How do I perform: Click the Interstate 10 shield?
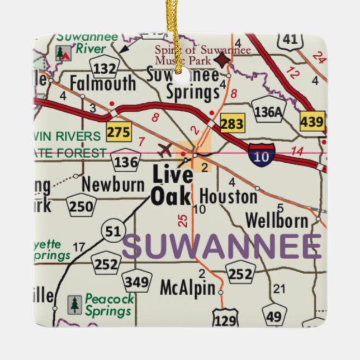262,153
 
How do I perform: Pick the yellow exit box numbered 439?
312,121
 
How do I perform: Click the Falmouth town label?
103,84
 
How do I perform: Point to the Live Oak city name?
172,186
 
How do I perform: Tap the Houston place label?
228,196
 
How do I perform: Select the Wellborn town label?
277,220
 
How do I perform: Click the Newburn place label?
113,184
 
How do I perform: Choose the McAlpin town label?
187,288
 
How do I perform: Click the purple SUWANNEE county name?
222,247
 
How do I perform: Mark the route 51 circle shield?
112,230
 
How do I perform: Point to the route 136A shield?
268,111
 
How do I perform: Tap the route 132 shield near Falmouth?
107,67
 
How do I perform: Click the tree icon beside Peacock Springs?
74,305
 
